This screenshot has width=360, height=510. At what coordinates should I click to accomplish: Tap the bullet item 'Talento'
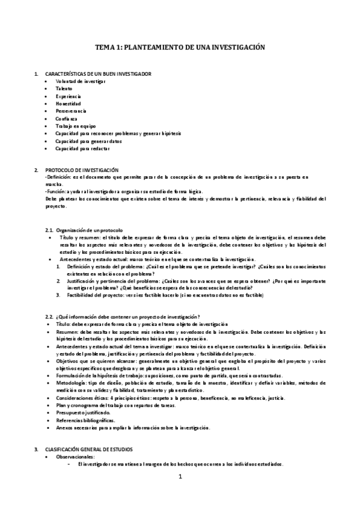click(x=65, y=88)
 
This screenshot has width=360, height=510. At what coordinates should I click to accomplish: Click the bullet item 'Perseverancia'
click(x=71, y=111)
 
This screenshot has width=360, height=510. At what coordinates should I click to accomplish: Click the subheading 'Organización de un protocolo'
click(x=89, y=230)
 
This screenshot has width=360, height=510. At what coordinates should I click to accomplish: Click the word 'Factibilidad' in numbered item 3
click(x=81, y=295)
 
